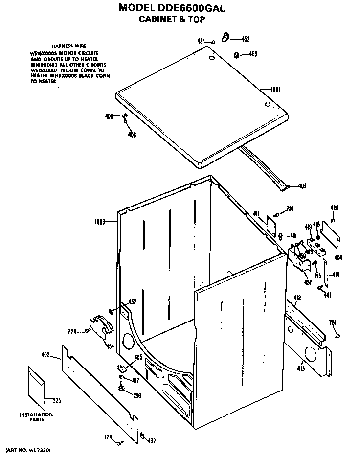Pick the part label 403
302,186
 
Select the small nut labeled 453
236,55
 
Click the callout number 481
201,42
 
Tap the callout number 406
132,135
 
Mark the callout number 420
335,208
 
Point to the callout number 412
297,298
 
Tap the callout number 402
45,355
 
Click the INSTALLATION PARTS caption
36,417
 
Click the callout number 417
136,380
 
